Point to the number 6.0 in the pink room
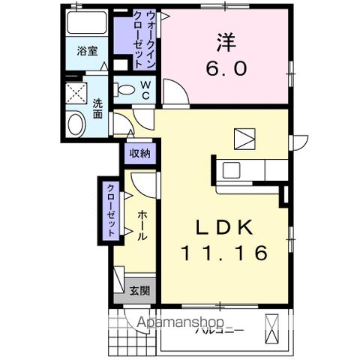click(x=224, y=68)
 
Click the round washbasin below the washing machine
click(x=75, y=124)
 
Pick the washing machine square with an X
click(x=76, y=95)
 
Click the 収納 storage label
click(x=139, y=153)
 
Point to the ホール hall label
click(x=141, y=224)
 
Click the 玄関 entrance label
click(x=139, y=291)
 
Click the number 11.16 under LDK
click(x=223, y=253)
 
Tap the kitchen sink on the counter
click(x=231, y=169)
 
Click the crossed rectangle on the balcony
click(x=273, y=327)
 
